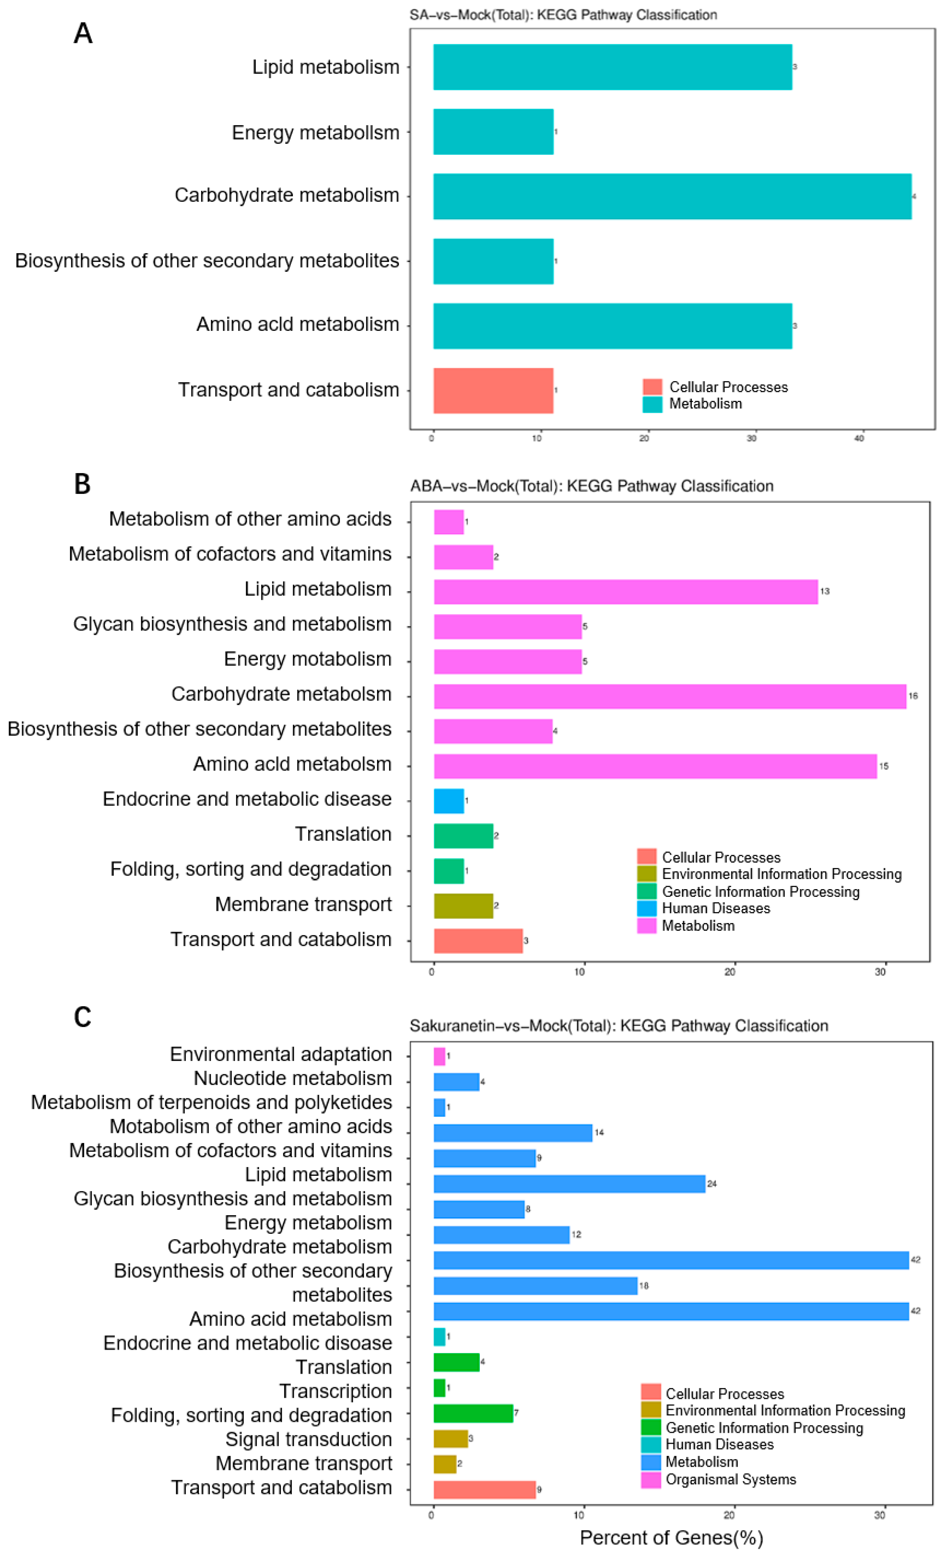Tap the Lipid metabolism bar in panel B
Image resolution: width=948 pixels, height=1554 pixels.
[x=625, y=592]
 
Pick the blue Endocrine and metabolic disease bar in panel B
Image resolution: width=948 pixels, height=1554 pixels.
[x=449, y=801]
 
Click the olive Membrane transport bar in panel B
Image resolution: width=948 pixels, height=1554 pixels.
[x=463, y=906]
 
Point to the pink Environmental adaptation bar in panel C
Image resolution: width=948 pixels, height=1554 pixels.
[x=439, y=1056]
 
